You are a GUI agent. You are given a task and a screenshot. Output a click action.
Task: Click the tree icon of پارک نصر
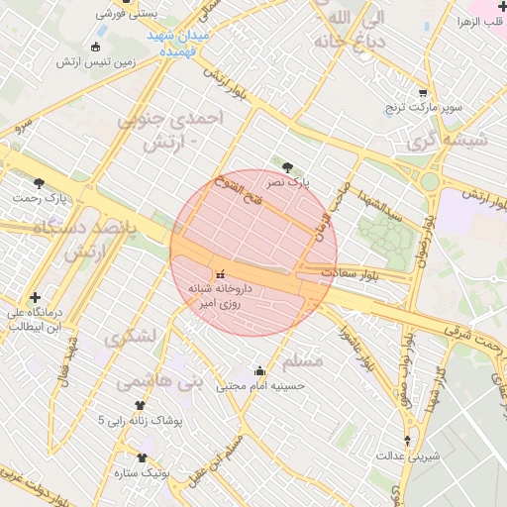288,167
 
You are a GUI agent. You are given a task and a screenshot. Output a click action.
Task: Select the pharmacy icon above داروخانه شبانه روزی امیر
219,272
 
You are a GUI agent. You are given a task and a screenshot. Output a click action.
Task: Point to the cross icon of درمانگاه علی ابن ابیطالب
36,297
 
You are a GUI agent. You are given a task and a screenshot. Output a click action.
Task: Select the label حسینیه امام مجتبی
259,388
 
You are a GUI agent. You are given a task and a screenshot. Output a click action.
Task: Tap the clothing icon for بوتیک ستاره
143,458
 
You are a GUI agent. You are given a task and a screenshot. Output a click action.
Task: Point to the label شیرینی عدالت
408,456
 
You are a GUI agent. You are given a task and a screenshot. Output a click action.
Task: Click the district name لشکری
129,337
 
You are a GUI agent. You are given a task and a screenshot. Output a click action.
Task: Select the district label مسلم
302,358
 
